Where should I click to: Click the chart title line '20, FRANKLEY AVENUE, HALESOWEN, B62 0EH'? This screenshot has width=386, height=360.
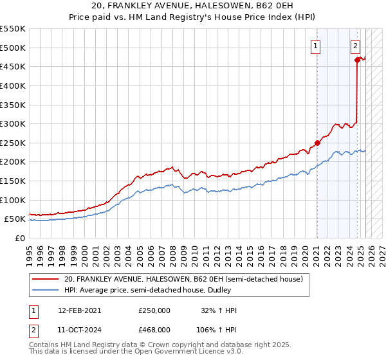click(193, 6)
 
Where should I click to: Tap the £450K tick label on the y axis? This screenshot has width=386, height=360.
click(13, 67)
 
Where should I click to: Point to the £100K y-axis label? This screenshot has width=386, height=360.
click(13, 200)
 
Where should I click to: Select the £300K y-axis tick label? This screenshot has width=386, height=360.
click(13, 124)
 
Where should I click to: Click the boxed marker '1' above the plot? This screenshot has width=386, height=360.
click(316, 46)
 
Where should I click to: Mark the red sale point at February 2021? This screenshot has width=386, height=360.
click(317, 143)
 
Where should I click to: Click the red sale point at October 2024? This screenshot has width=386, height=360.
click(357, 60)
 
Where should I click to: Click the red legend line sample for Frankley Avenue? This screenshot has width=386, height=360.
click(46, 279)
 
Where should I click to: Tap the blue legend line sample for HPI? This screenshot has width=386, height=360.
click(46, 290)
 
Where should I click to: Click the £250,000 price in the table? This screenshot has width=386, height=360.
click(154, 310)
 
